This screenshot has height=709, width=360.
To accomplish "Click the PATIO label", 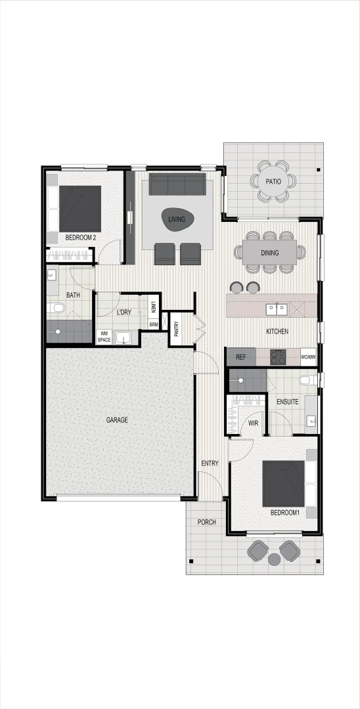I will pyautogui.click(x=273, y=182).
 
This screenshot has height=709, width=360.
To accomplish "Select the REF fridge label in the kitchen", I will pyautogui.click(x=240, y=358).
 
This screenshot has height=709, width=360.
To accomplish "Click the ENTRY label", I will pyautogui.click(x=210, y=464).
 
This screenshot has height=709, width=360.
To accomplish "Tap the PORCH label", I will pyautogui.click(x=206, y=522).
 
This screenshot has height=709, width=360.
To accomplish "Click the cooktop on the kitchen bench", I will pyautogui.click(x=277, y=358).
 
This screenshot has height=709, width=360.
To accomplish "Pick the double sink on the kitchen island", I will pyautogui.click(x=276, y=307).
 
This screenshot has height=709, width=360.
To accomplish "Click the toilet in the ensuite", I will pyautogui.click(x=305, y=379).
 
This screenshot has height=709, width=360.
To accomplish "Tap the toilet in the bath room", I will pyautogui.click(x=56, y=308).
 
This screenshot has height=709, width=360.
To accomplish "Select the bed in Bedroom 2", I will pyautogui.click(x=80, y=208).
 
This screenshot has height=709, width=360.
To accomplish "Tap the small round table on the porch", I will pyautogui.click(x=274, y=559).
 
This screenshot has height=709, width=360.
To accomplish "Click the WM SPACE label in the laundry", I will pyautogui.click(x=104, y=337).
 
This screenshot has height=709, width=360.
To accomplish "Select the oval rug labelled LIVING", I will pyautogui.click(x=177, y=219).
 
